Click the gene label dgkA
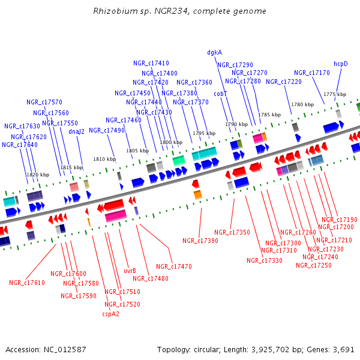[214, 52]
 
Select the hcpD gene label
[341, 64]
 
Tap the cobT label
[220, 94]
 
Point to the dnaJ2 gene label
[76, 131]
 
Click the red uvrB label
[130, 271]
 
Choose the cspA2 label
[110, 313]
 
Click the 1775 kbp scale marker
[335, 94]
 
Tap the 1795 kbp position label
[203, 133]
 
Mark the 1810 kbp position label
[104, 159]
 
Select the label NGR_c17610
[27, 283]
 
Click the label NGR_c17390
[200, 241]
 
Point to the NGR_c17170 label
[311, 73]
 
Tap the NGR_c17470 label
[174, 266]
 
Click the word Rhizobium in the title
[113, 11]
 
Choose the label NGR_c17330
[265, 260]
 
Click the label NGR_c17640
[20, 145]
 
